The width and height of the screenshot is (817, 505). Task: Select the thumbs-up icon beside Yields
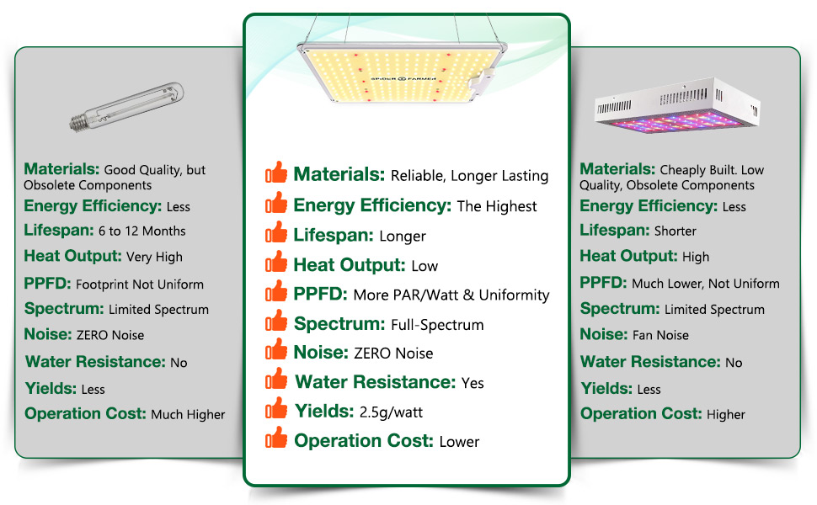click(x=277, y=410)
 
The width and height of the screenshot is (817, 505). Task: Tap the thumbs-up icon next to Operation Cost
click(x=277, y=439)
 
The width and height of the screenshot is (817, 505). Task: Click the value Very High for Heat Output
click(x=154, y=258)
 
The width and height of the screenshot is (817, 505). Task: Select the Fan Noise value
click(x=660, y=336)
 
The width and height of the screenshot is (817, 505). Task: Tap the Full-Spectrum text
click(x=437, y=325)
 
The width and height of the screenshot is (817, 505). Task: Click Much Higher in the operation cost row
click(x=188, y=415)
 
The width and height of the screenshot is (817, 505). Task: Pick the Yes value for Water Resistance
click(x=473, y=383)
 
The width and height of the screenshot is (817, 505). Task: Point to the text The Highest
click(x=497, y=207)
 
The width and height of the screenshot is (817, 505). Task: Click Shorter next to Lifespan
click(x=675, y=231)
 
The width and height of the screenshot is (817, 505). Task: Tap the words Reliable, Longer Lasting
click(x=470, y=177)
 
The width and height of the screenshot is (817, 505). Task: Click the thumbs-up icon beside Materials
click(x=277, y=174)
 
